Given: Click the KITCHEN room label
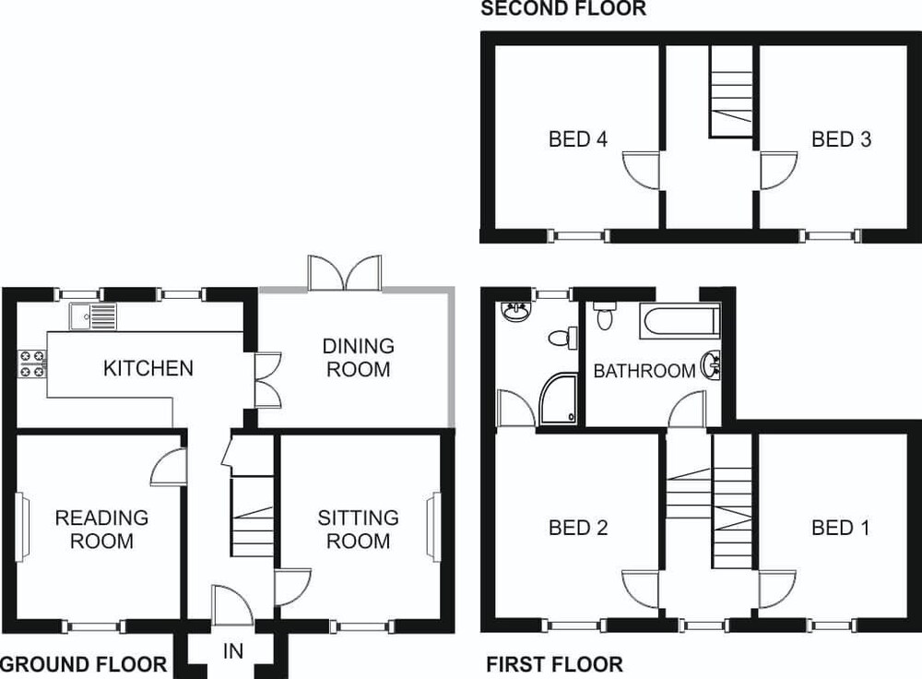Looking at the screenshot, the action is pyautogui.click(x=148, y=368).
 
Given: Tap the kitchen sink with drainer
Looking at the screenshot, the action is pyautogui.click(x=93, y=316).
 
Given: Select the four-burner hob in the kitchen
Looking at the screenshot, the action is pyautogui.click(x=32, y=363).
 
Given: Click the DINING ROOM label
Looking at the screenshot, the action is pyautogui.click(x=358, y=357).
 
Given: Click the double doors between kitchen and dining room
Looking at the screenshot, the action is pyautogui.click(x=268, y=380).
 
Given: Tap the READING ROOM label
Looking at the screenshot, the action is pyautogui.click(x=101, y=529).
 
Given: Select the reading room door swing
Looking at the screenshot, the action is pyautogui.click(x=169, y=467).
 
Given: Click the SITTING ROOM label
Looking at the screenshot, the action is pyautogui.click(x=358, y=529).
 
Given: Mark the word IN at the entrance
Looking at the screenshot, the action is pyautogui.click(x=233, y=651).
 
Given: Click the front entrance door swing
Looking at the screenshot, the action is pyautogui.click(x=232, y=605).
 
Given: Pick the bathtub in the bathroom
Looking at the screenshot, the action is pyautogui.click(x=680, y=321).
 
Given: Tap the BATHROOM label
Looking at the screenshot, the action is pyautogui.click(x=644, y=371).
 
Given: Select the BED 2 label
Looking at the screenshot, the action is pyautogui.click(x=578, y=528).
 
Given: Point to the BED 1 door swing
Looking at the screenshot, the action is pyautogui.click(x=777, y=589).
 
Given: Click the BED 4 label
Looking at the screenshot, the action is pyautogui.click(x=578, y=139).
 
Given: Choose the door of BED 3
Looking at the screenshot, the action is pyautogui.click(x=778, y=171).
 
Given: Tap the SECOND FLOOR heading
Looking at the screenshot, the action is pyautogui.click(x=563, y=9).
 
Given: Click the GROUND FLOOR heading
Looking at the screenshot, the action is pyautogui.click(x=84, y=665).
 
